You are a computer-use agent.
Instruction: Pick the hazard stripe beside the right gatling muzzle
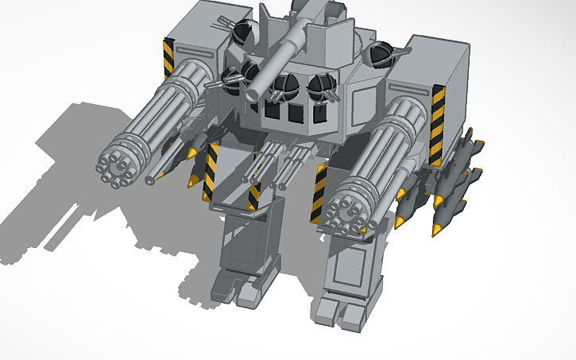point(319,195)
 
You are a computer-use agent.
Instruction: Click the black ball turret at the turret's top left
point(241,34)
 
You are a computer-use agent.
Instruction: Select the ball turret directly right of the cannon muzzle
point(283,90)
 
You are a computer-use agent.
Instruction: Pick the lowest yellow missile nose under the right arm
point(437,230)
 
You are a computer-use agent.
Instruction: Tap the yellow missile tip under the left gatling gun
point(192,183)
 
